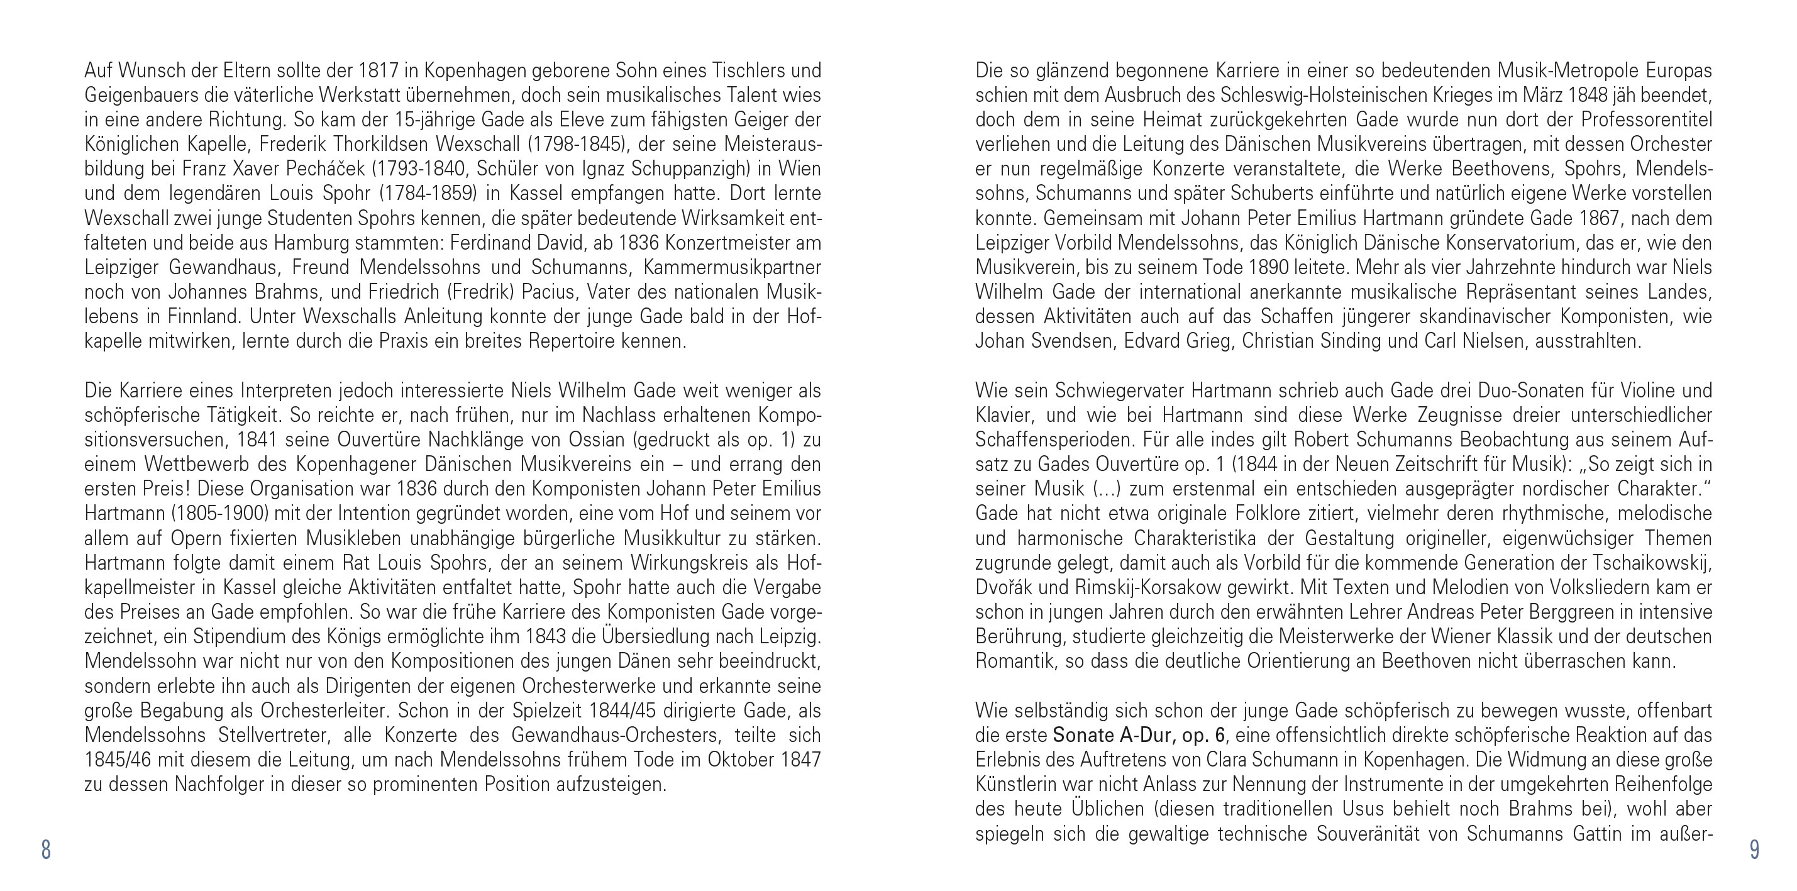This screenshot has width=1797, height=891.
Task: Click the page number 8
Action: tap(46, 850)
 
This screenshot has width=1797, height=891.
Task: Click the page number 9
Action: tap(1754, 850)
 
